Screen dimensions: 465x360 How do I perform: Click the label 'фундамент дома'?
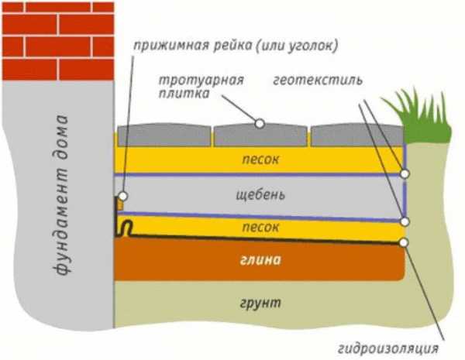click(60, 195)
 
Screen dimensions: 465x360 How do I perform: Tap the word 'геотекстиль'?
click(318, 81)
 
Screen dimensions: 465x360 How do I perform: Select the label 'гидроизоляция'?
click(388, 348)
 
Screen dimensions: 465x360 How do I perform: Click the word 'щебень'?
click(260, 195)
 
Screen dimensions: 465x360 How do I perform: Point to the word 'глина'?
click(260, 260)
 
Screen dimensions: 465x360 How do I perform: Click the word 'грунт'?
click(260, 303)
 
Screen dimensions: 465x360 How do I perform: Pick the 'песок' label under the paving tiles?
click(260, 159)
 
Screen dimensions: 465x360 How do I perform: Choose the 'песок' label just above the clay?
click(260, 228)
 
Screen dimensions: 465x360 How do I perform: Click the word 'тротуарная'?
click(201, 81)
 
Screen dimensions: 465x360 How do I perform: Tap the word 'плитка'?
click(184, 94)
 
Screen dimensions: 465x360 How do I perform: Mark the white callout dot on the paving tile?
click(260, 124)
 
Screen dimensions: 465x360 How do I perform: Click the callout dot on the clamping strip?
click(122, 196)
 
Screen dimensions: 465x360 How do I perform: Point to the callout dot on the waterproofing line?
click(404, 242)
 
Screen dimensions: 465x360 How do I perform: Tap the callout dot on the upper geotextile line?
click(405, 173)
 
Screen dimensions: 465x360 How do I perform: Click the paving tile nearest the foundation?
click(164, 135)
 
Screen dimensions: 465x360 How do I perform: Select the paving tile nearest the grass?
click(357, 135)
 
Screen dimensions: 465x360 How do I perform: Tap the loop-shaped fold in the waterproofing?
click(126, 227)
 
